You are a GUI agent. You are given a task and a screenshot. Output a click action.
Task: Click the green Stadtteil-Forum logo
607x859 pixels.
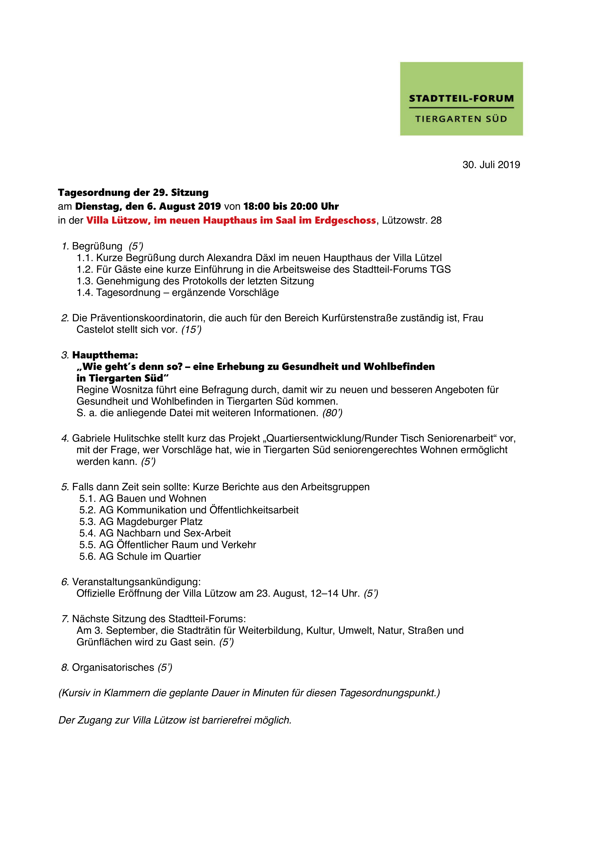pos(461,99)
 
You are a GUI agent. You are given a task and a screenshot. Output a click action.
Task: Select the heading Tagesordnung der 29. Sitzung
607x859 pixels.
pos(133,193)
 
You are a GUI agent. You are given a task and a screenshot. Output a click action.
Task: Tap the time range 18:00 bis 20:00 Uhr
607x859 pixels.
pos(291,207)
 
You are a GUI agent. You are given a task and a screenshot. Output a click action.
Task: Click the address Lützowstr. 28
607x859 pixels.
pos(412,220)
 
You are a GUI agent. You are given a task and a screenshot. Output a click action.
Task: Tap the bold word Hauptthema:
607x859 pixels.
pos(105,355)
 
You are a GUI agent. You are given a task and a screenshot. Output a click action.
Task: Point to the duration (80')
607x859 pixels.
pos(332,413)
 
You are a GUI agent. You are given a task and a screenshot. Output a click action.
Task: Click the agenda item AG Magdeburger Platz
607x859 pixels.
pos(151,521)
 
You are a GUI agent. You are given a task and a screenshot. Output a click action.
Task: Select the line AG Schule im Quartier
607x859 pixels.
pos(150,556)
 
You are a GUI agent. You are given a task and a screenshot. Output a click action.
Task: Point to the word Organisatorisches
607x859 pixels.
pos(113,668)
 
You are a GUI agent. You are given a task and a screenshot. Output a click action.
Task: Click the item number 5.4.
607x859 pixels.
pos(88,533)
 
